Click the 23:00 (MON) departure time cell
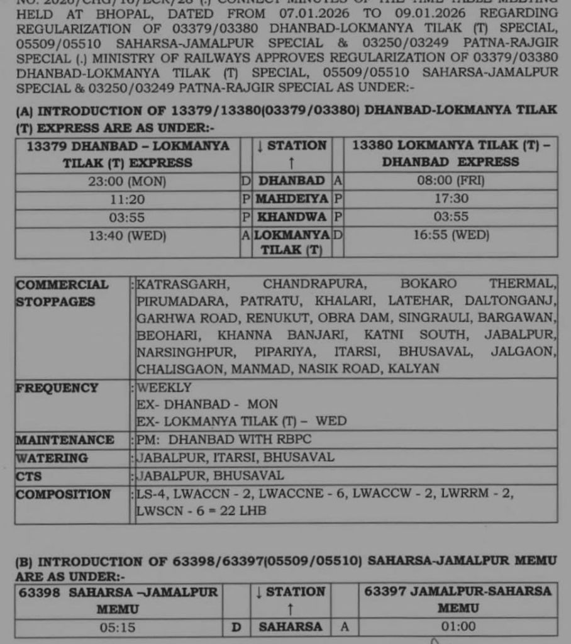[128, 182]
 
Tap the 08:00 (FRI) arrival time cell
[452, 180]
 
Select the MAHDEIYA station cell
[292, 199]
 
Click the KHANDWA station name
[292, 217]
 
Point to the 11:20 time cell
[128, 200]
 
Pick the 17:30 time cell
[452, 199]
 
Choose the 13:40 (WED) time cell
[128, 236]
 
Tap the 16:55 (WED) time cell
[452, 235]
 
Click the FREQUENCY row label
[57, 387]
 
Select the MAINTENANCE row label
[65, 440]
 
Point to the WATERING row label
[52, 458]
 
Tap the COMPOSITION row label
[64, 494]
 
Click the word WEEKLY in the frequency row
[164, 387]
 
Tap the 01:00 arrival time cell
[458, 627]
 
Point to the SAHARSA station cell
[290, 627]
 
